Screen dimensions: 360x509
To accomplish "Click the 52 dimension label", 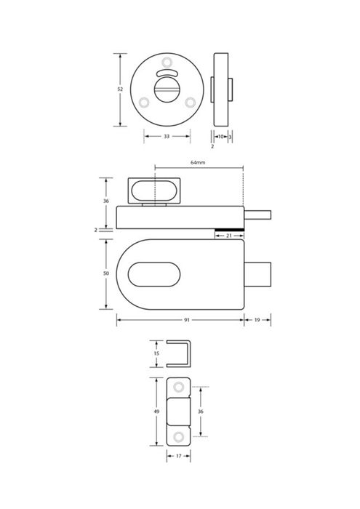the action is click(x=120, y=89).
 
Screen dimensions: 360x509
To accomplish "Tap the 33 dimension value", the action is click(x=167, y=137).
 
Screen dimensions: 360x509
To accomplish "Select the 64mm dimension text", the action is click(x=198, y=162).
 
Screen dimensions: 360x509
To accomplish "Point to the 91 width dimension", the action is click(x=187, y=320).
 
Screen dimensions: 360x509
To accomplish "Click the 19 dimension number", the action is click(x=257, y=320).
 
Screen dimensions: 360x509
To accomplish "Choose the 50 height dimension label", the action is click(x=106, y=273).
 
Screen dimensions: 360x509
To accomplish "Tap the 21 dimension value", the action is click(x=229, y=236).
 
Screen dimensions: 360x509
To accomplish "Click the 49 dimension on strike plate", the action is click(x=156, y=412).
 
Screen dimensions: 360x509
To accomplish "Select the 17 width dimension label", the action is click(x=178, y=456).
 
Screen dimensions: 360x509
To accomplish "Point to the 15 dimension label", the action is click(x=156, y=353).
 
